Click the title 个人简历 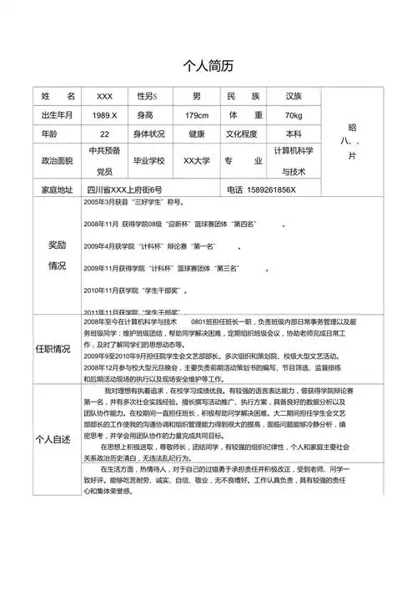[208, 66]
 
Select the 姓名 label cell [58, 97]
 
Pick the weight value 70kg [294, 115]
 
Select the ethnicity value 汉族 [294, 97]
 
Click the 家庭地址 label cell [58, 189]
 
